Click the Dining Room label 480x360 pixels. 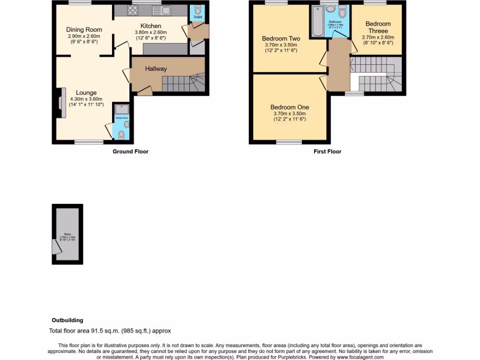(x=84, y=30)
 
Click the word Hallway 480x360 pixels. (x=156, y=69)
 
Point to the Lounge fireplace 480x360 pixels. (x=60, y=100)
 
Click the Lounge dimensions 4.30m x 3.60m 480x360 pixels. (x=86, y=99)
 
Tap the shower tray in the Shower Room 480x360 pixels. (x=121, y=109)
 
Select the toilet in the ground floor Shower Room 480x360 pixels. (x=122, y=135)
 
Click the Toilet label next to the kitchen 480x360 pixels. (x=198, y=17)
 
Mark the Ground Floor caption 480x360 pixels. (x=130, y=151)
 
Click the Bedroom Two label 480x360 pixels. (x=281, y=38)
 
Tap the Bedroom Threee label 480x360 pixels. (x=378, y=27)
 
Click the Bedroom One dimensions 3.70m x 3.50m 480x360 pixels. (x=289, y=113)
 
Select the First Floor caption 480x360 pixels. (x=327, y=151)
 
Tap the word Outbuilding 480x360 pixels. (x=67, y=320)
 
